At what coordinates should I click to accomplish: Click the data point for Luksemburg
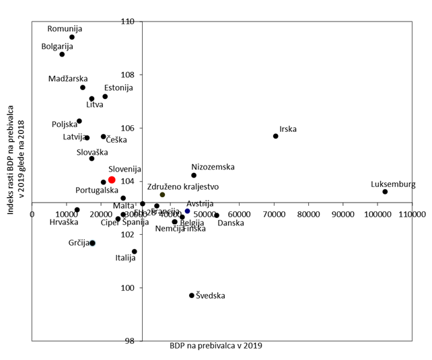coord(385,192)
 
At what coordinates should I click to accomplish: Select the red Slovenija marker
coord(112,180)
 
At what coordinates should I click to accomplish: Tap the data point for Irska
coord(276,136)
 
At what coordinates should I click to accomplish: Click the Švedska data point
coord(192,295)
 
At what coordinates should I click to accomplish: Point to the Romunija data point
coord(72,37)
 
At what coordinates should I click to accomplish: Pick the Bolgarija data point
coord(62,55)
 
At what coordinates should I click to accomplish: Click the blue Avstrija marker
coord(188,211)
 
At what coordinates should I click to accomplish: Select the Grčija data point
coord(93,243)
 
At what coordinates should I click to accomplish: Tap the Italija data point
coord(135,252)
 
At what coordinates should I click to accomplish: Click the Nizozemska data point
coord(194,176)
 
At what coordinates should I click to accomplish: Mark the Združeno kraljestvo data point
coord(162,194)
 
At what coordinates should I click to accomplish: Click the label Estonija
coord(118,87)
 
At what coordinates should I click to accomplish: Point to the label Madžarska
coord(68,79)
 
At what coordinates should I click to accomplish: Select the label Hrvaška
coord(64,221)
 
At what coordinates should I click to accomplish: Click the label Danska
coord(231,223)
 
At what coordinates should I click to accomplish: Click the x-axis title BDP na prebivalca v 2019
coord(215,346)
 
